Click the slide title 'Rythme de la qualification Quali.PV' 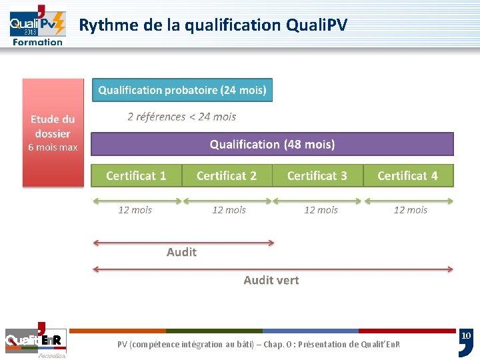click(213, 25)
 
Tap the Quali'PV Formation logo click(37, 25)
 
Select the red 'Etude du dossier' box click(53, 133)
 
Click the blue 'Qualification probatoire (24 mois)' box click(182, 90)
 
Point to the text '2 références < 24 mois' click(181, 117)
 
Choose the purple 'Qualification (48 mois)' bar click(272, 144)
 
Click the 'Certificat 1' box click(136, 175)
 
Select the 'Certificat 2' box click(227, 175)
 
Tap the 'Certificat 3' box click(317, 175)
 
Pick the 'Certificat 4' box click(408, 175)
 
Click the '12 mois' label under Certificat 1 click(135, 210)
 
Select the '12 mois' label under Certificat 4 click(411, 210)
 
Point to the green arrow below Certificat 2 click(227, 200)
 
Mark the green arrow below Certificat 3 click(317, 200)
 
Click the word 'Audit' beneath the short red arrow click(181, 252)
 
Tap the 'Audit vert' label click(271, 280)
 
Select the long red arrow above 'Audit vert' click(272, 269)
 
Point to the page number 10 click(467, 335)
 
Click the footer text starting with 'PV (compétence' click(259, 345)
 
